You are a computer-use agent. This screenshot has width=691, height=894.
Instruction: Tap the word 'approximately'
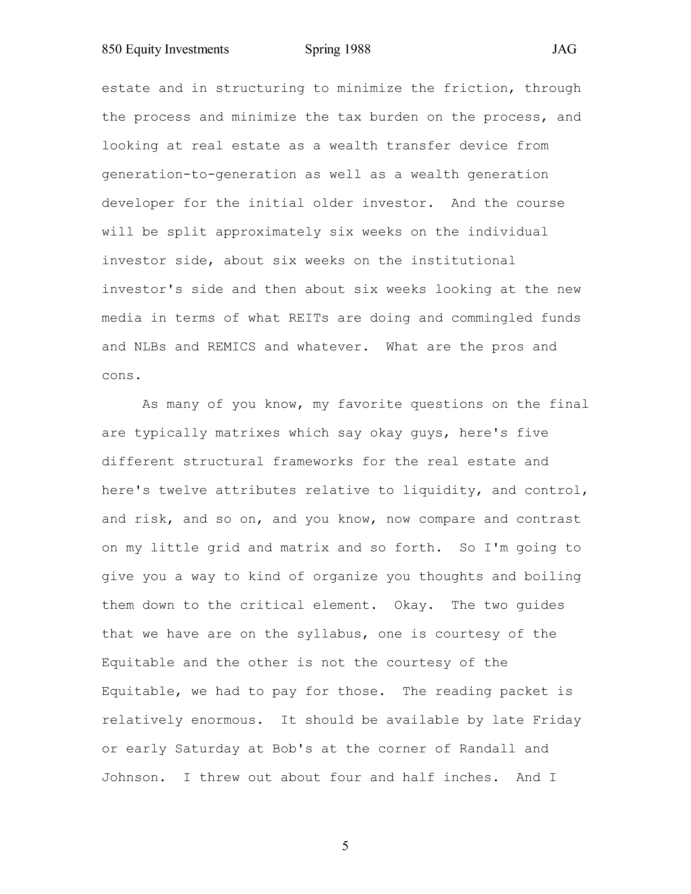tap(268, 232)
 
